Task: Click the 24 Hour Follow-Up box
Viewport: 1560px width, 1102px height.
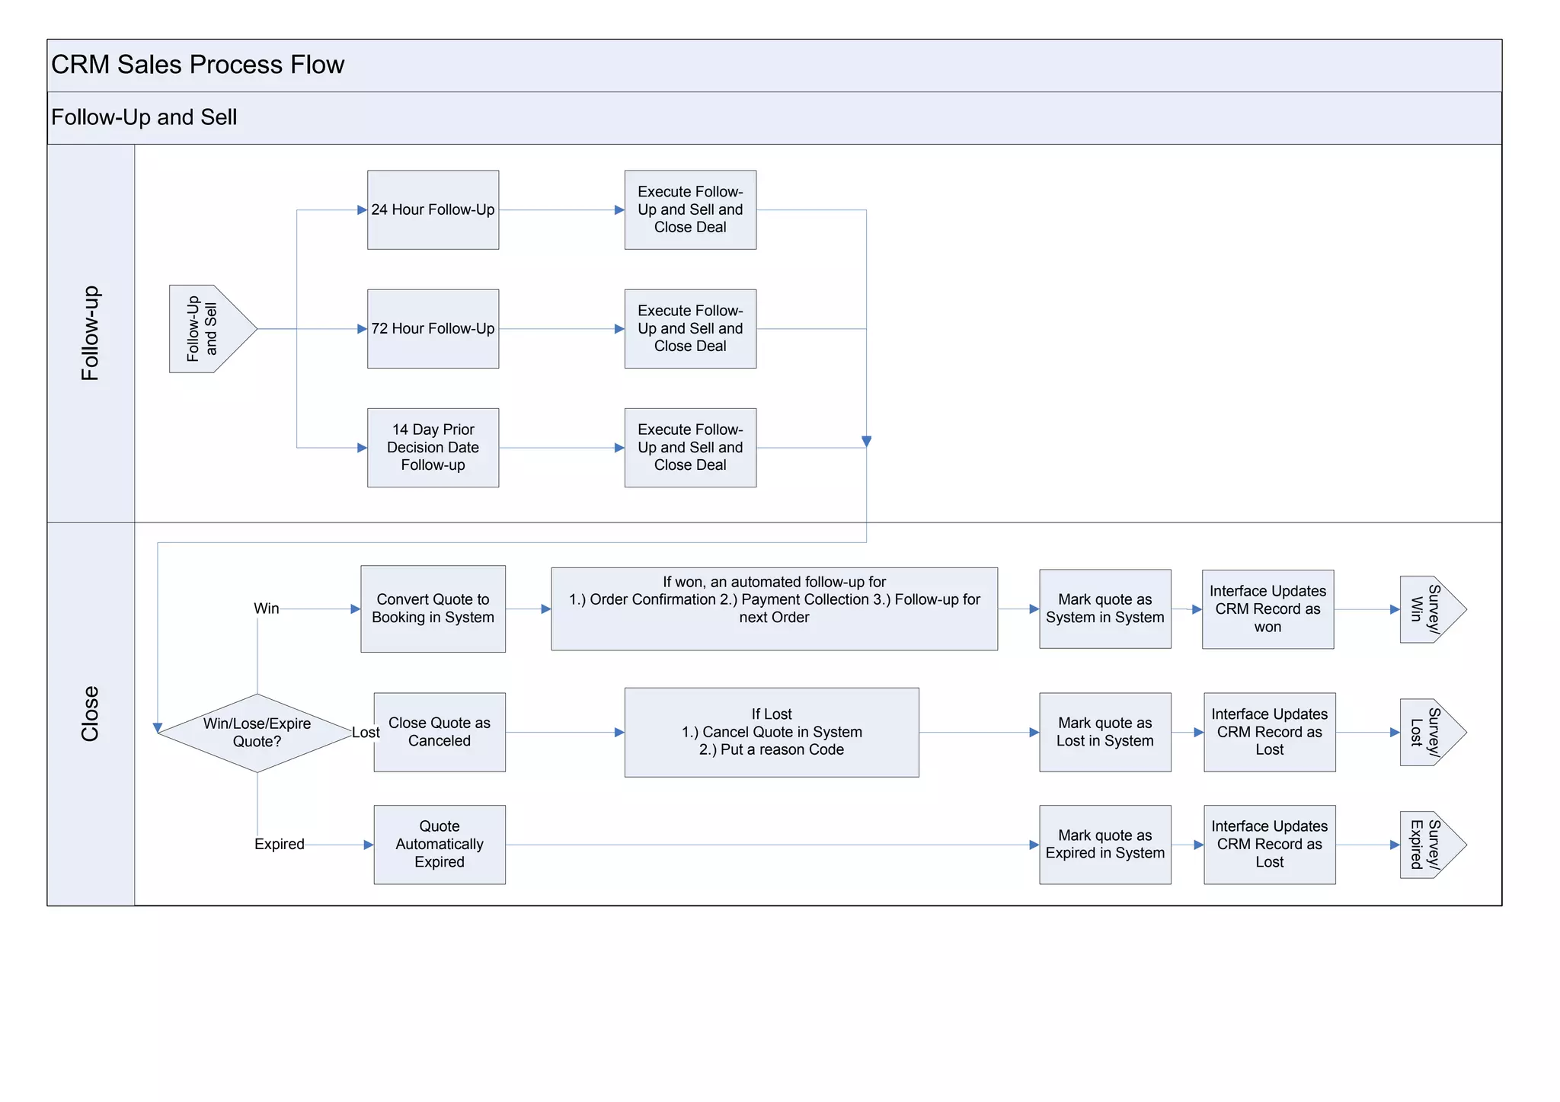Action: [x=433, y=209]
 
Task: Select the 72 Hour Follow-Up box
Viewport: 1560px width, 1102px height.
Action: [x=433, y=328]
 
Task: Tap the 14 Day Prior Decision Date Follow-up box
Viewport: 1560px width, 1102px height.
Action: [x=433, y=447]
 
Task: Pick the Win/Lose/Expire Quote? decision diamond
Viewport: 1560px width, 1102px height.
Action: [x=257, y=733]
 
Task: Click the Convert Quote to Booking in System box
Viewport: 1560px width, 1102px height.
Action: [x=433, y=608]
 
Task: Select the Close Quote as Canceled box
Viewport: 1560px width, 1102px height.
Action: [x=440, y=732]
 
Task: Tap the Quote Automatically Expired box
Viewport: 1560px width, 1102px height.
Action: [x=440, y=844]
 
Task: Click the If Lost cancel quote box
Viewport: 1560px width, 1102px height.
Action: [x=771, y=732]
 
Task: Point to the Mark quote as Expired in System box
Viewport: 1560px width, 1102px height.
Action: [x=1104, y=844]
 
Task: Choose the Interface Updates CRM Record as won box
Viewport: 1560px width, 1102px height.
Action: [x=1267, y=608]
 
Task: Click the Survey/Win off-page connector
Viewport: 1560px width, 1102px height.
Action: [x=1429, y=608]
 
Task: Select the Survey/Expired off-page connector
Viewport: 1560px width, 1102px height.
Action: [x=1429, y=844]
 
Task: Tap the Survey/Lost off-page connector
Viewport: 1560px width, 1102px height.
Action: [x=1429, y=732]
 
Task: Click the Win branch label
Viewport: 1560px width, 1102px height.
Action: [x=267, y=608]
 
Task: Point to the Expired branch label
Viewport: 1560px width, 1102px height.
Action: [x=279, y=844]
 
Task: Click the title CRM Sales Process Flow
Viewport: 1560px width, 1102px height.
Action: [x=197, y=65]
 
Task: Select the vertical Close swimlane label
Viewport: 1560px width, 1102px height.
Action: [x=90, y=714]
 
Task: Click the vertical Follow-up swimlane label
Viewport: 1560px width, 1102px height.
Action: [x=90, y=333]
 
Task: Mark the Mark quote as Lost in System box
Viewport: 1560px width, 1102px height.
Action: [x=1104, y=732]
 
